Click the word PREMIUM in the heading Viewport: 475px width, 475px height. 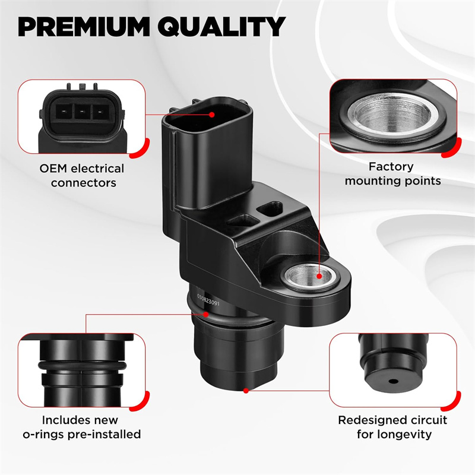[84, 27]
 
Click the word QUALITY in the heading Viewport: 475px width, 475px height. [221, 27]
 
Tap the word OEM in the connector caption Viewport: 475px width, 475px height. [53, 169]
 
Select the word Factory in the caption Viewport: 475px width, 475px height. [391, 167]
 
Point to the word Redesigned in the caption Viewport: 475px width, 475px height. [368, 420]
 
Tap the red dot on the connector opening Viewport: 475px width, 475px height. [212, 115]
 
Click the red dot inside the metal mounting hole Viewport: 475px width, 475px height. [319, 276]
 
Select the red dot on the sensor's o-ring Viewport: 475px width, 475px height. [205, 314]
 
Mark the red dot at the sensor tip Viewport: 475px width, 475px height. [246, 391]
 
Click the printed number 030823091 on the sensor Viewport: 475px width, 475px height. [208, 300]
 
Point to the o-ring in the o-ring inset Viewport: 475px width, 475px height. [82, 366]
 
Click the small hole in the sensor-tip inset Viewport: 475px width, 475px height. [393, 381]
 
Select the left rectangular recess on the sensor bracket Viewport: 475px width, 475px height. [242, 220]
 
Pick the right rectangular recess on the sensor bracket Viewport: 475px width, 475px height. [270, 209]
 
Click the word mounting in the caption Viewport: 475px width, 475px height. [372, 181]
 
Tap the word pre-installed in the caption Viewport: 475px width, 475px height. [104, 435]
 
